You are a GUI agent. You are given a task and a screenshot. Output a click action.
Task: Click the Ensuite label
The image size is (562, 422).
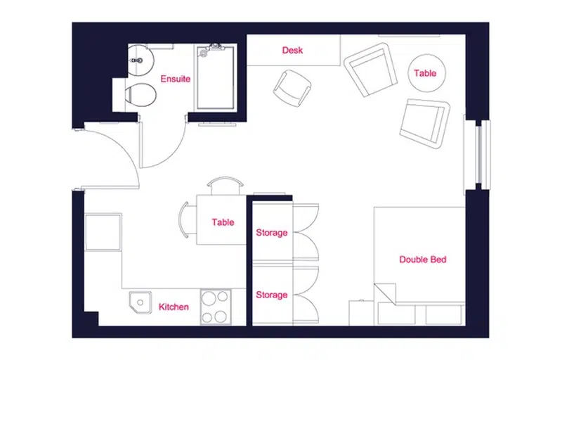[175, 79]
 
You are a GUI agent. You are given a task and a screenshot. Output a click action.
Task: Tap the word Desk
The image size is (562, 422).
[292, 50]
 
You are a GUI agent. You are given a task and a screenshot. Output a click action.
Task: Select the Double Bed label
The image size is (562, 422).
[423, 260]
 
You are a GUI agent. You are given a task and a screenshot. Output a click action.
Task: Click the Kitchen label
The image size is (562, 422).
[174, 307]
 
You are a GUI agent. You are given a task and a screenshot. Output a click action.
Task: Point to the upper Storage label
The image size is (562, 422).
[272, 233]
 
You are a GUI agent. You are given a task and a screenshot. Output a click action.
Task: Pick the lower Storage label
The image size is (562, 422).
[272, 295]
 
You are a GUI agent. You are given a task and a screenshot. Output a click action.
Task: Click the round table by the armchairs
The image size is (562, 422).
[427, 73]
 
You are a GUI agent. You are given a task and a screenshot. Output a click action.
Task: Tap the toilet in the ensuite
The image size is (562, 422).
[141, 95]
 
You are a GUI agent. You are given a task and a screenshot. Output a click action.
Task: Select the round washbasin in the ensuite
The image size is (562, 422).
[140, 60]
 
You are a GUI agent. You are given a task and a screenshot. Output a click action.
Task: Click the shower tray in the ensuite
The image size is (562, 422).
[216, 78]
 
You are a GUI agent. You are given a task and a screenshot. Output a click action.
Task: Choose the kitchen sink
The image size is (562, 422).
[140, 302]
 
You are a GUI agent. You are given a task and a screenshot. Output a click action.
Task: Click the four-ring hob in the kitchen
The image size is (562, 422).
[216, 307]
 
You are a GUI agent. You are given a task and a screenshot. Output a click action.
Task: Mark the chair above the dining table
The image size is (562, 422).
[225, 186]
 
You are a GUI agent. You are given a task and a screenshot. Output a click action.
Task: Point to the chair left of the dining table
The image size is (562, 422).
[188, 219]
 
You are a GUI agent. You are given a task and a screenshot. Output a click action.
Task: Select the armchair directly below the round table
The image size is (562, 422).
[425, 124]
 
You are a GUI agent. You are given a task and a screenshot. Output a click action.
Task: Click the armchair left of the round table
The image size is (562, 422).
[371, 70]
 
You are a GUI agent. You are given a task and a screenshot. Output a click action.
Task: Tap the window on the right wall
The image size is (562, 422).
[478, 153]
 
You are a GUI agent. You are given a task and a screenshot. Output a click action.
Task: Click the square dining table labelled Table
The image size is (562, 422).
[221, 220]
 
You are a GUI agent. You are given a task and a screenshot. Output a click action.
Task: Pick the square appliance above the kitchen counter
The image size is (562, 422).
[103, 232]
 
